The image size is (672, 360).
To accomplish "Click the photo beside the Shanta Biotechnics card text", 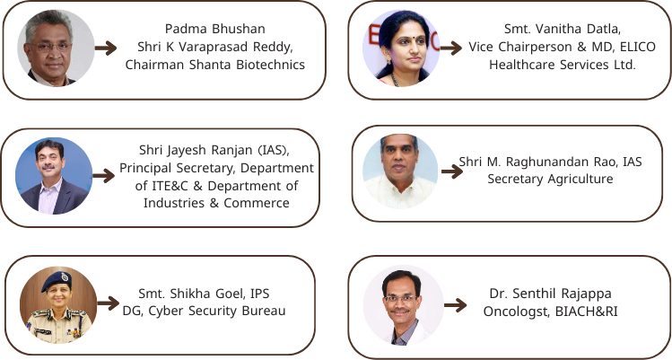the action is [56, 48].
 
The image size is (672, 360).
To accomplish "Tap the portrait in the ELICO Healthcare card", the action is [401, 48].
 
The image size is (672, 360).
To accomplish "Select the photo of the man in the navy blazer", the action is [54, 176].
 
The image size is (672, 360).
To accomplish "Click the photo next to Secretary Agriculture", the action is [400, 171].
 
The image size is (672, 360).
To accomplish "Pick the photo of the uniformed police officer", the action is [58, 304].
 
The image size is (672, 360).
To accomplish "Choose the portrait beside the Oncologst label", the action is [403, 305].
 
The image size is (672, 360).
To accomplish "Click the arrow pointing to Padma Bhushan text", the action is [106, 48].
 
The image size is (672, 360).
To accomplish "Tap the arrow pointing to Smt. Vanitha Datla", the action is [451, 48].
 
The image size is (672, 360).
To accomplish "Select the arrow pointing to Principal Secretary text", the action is [104, 175].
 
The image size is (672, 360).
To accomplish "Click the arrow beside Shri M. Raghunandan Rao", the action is [452, 171].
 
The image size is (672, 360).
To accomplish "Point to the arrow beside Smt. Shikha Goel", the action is [109, 303].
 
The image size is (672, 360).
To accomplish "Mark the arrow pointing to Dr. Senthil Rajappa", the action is [456, 305].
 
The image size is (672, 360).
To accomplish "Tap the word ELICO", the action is [638, 47].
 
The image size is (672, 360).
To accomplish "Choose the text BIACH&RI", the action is [586, 312].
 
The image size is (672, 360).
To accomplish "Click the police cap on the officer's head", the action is [57, 281].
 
